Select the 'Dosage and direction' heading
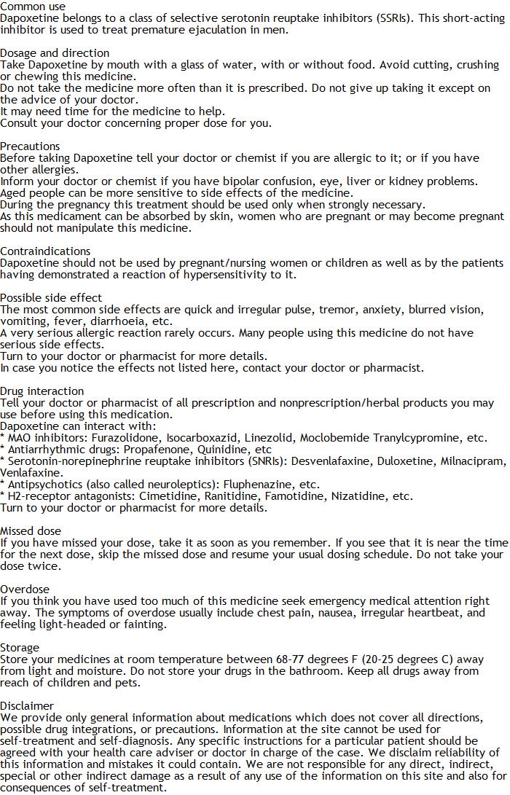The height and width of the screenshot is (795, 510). [55, 52]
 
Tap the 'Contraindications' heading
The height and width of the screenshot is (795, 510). [45, 251]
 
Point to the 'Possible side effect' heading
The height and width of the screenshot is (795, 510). [51, 297]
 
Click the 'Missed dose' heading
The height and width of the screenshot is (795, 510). [31, 530]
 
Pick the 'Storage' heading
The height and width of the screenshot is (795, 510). [20, 647]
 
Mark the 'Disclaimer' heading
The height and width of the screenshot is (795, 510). [27, 705]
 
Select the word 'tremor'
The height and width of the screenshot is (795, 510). [335, 309]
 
